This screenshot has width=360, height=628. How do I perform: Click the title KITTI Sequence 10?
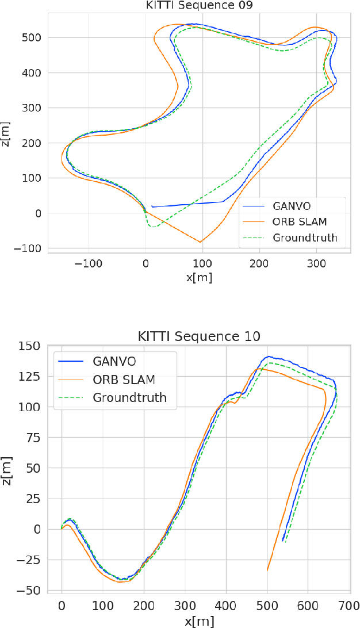point(198,336)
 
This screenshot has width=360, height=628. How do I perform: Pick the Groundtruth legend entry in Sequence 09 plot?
point(305,238)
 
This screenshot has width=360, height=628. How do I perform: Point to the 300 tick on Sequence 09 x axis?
point(316,263)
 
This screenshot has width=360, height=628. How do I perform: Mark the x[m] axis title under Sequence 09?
point(199,277)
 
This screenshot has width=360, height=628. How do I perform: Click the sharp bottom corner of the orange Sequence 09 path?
point(201,242)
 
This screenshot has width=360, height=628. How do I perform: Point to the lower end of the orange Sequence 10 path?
point(267,570)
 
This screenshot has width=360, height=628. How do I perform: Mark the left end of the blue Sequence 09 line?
point(152,206)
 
